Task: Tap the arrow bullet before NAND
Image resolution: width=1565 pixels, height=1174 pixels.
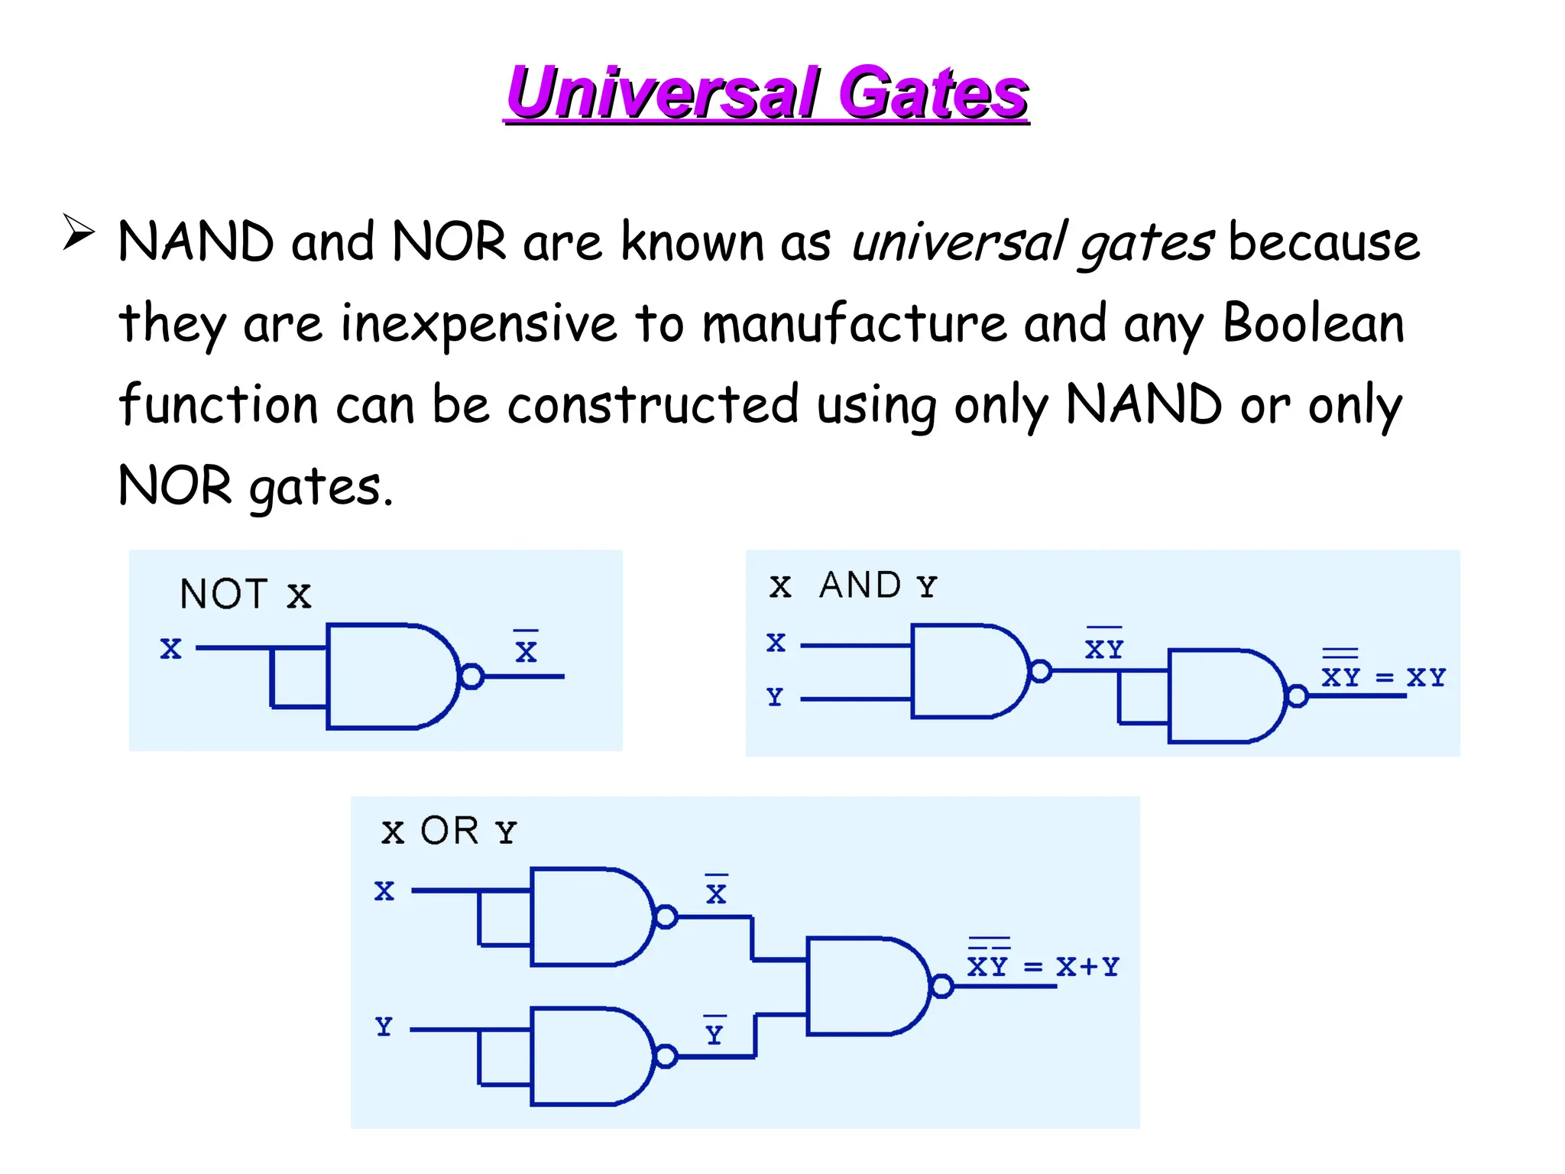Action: point(78,232)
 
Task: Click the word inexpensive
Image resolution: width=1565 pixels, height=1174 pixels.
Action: point(478,324)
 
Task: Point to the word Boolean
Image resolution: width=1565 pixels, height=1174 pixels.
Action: point(1313,324)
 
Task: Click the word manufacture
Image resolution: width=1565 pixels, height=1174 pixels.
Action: point(854,324)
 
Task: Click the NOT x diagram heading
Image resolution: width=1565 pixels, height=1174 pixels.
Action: point(245,595)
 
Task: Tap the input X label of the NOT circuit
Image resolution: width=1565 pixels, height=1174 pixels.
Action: point(170,649)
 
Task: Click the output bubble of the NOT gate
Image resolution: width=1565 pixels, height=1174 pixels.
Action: point(472,676)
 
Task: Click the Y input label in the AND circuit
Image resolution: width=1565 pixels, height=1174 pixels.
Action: point(775,697)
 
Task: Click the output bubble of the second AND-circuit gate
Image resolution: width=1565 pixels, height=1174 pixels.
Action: point(1297,696)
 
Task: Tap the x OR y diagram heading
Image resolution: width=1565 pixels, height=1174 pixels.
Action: point(449,832)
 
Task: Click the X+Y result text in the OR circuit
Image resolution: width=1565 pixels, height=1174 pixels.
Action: point(1087,967)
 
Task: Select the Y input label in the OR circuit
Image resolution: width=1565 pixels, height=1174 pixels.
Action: point(384,1026)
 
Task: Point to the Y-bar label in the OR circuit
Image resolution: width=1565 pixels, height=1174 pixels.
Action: point(714,1033)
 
